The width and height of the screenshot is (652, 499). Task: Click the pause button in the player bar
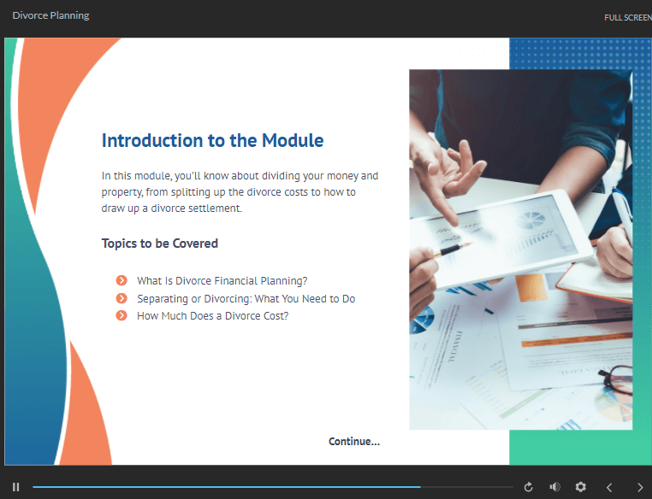pyautogui.click(x=15, y=487)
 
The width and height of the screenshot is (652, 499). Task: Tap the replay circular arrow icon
pyautogui.click(x=528, y=487)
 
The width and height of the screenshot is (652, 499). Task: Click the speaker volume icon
pyautogui.click(x=554, y=487)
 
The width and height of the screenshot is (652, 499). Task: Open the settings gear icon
pyautogui.click(x=580, y=487)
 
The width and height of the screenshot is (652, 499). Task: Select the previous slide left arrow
pyautogui.click(x=609, y=487)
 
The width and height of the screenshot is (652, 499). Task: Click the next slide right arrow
pyautogui.click(x=640, y=487)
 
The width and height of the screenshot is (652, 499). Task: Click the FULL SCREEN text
pyautogui.click(x=628, y=17)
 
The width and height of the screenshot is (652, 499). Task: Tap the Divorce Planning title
pyautogui.click(x=50, y=15)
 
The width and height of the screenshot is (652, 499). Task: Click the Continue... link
pyautogui.click(x=354, y=441)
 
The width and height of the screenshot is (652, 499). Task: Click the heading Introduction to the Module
pyautogui.click(x=212, y=140)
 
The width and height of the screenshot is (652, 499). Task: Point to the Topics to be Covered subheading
pyautogui.click(x=160, y=244)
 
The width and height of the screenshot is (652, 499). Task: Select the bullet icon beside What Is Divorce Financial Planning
pyautogui.click(x=122, y=280)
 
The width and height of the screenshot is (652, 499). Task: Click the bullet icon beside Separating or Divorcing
pyautogui.click(x=122, y=298)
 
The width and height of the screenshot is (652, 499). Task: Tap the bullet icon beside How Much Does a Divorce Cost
pyautogui.click(x=122, y=316)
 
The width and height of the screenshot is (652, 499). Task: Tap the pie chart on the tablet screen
pyautogui.click(x=530, y=220)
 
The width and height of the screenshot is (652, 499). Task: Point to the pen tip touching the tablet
pyautogui.click(x=469, y=244)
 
